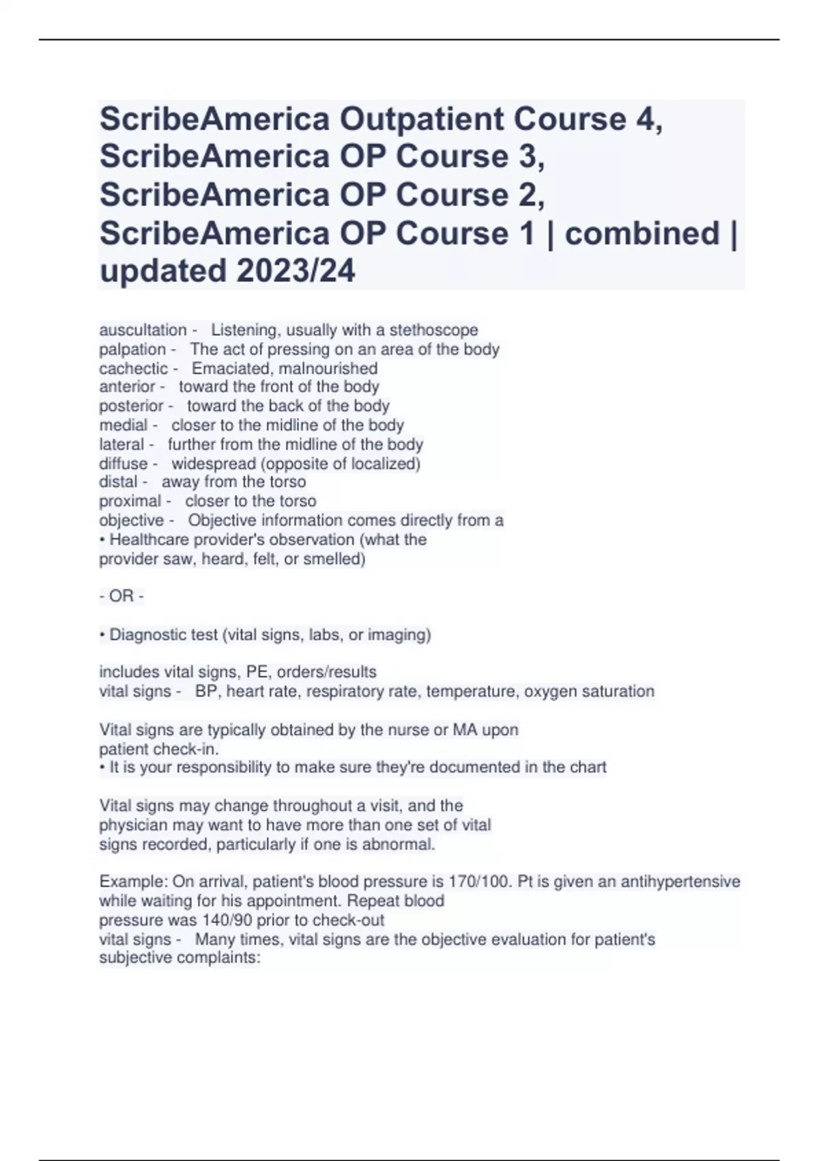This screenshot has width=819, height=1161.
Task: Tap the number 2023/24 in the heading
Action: [x=296, y=270]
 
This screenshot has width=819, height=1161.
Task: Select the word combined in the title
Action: [x=642, y=233]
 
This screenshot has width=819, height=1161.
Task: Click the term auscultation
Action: [x=143, y=330]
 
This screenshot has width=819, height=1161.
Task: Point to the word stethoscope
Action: [x=433, y=330]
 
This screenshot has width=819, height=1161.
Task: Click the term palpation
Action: [x=132, y=349]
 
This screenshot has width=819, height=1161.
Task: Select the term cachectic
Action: [x=134, y=368]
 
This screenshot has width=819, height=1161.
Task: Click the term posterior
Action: [x=131, y=406]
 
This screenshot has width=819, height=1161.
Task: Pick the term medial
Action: [x=124, y=425]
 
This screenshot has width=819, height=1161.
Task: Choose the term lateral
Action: [x=121, y=444]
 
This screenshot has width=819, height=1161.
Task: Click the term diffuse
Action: [x=124, y=463]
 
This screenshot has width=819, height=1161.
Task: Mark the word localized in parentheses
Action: [x=383, y=463]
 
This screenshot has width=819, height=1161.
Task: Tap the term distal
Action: [x=119, y=481]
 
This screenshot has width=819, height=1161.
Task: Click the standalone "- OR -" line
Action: [x=121, y=596]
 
